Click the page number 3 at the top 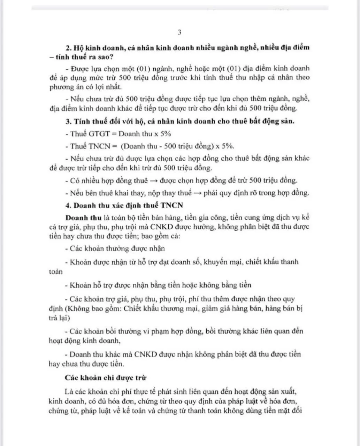(x=179, y=33)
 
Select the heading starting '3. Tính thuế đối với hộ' (x=180, y=122)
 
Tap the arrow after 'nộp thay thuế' (x=197, y=193)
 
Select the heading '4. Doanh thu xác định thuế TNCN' (x=124, y=205)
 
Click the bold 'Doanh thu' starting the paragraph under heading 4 (x=83, y=218)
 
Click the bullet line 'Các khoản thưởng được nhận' (x=115, y=248)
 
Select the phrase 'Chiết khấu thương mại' (x=156, y=308)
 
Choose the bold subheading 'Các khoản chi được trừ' (x=106, y=378)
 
